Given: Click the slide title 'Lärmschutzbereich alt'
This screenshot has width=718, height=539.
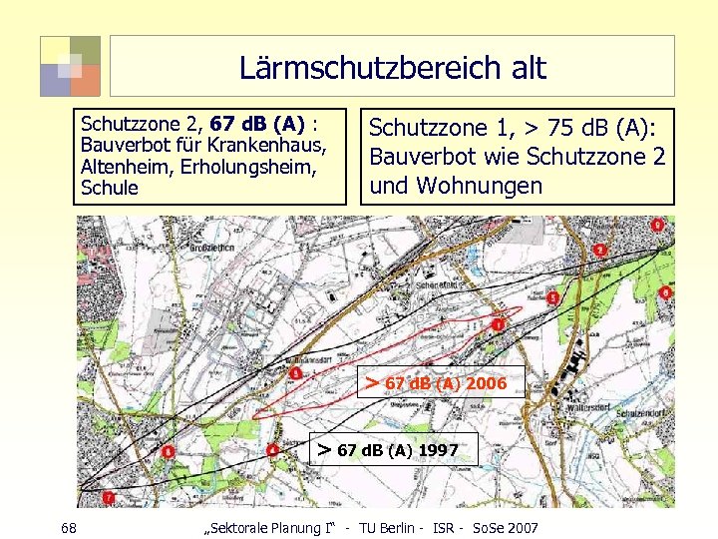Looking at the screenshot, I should click(x=392, y=68).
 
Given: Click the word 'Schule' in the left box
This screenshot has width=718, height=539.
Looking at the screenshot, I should click(x=109, y=188).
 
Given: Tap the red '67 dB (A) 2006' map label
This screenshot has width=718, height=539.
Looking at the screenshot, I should click(x=445, y=383).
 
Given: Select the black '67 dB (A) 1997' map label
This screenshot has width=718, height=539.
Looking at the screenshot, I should click(x=397, y=450).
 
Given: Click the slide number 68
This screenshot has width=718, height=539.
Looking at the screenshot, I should click(x=69, y=527).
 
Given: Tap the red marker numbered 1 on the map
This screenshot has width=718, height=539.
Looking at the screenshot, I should click(x=498, y=324).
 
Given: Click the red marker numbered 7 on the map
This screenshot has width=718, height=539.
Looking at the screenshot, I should click(x=107, y=496).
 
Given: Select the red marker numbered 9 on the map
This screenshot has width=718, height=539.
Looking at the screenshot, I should click(x=658, y=226).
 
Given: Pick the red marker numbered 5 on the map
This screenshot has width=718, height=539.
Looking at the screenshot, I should click(x=552, y=297).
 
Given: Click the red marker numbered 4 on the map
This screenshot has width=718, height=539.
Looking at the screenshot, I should click(x=273, y=450).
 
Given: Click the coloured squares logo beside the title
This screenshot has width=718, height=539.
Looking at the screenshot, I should click(x=70, y=66).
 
